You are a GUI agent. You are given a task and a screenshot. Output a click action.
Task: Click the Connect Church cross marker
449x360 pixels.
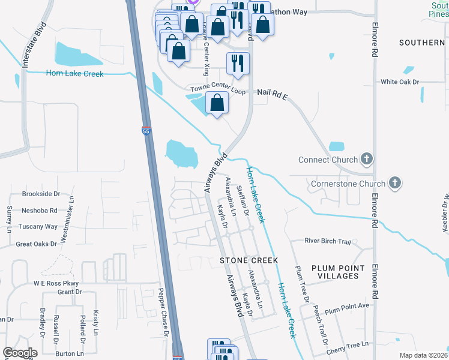point(367,160)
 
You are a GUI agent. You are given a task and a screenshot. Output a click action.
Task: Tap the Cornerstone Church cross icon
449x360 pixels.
point(394,183)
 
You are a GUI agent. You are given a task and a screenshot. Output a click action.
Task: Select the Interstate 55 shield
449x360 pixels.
point(146,130)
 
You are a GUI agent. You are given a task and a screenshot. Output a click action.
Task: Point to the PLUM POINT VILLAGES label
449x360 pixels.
point(338,272)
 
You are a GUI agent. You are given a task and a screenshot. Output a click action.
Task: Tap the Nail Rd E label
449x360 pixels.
point(273,93)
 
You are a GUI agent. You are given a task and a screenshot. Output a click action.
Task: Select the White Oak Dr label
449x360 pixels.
point(399,82)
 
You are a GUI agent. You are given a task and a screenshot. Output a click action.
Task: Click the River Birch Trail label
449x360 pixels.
point(327,241)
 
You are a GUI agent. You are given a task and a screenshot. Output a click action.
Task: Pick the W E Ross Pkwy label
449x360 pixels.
point(56,283)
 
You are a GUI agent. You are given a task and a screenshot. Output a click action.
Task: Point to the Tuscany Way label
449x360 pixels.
point(38,226)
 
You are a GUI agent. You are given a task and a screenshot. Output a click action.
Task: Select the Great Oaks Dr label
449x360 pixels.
point(36,244)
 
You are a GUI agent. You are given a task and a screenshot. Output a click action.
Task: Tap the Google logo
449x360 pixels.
point(19,353)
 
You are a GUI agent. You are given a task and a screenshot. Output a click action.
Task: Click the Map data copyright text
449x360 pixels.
point(423,355)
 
